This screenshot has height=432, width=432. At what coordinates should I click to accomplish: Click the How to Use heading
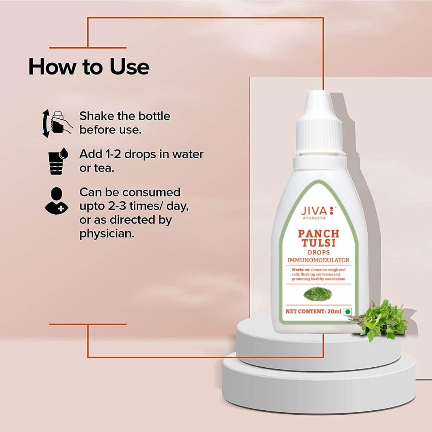click(89, 67)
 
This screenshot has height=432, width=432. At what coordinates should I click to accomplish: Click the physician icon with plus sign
click(56, 200)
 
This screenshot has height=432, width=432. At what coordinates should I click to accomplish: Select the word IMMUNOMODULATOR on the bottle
click(319, 260)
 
